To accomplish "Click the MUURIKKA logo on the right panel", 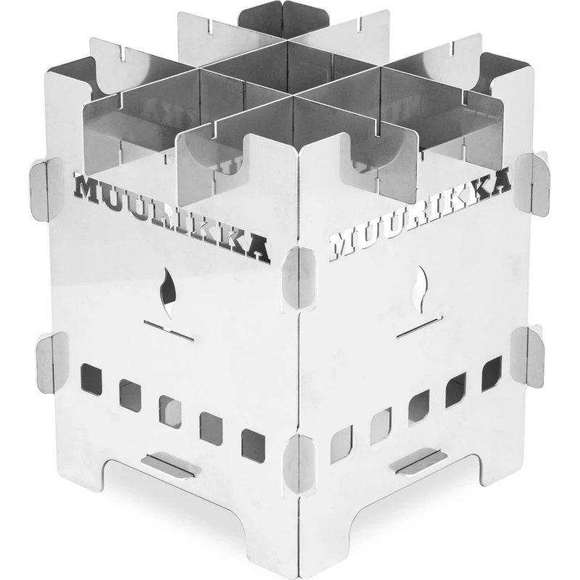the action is point(420,212).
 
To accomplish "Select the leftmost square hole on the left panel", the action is point(91,377).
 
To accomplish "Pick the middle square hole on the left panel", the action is point(170,411).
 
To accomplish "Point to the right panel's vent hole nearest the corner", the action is point(341,444).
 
